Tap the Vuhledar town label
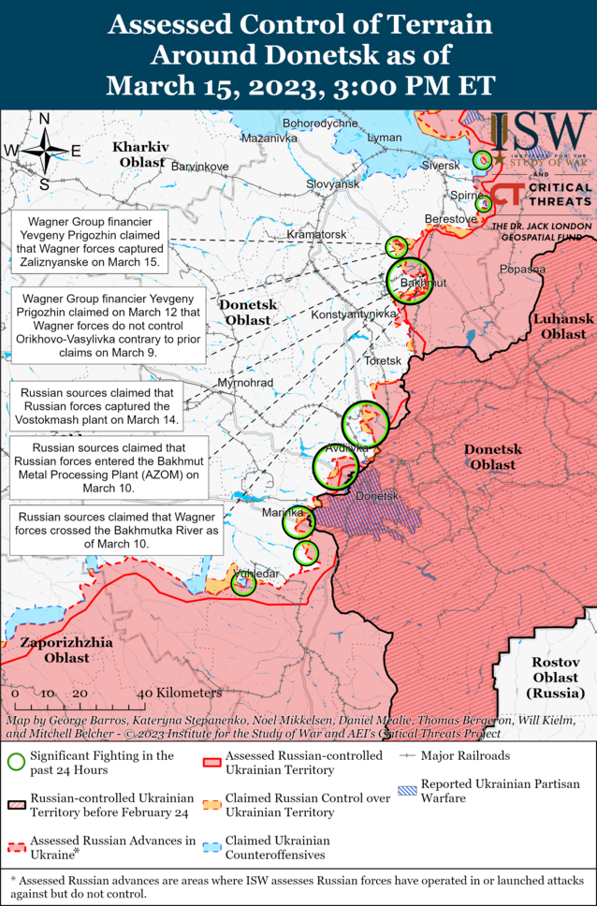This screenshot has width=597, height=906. point(255,573)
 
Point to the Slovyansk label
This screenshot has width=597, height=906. point(333,184)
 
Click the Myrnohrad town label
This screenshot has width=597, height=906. point(245,384)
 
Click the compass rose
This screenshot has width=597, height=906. point(44,150)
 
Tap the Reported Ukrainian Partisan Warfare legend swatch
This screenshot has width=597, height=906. point(407,791)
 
